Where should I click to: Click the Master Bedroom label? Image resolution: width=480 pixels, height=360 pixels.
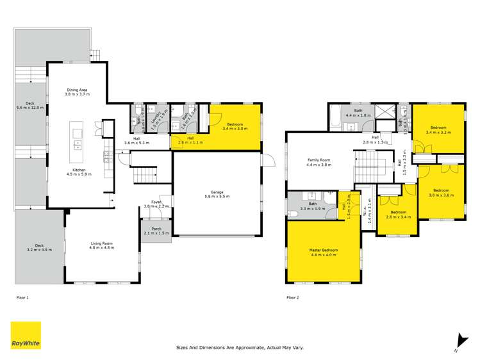pyautogui.click(x=323, y=252)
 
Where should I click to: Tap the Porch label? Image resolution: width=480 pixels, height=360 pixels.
pyautogui.click(x=156, y=231)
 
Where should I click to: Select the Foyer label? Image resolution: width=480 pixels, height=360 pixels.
pyautogui.click(x=156, y=204)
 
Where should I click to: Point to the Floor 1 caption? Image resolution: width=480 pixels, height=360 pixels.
pyautogui.click(x=22, y=297)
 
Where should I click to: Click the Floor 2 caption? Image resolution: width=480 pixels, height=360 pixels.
pyautogui.click(x=293, y=297)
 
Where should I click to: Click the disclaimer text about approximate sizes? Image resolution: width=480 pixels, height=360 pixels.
pyautogui.click(x=240, y=347)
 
